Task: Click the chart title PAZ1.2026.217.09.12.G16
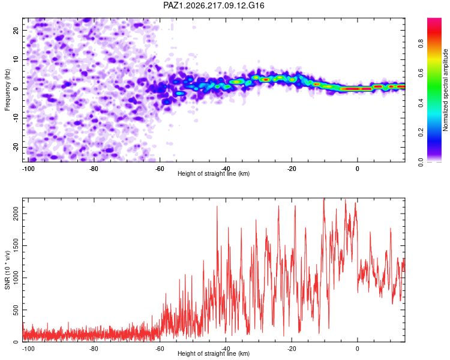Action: (214, 5)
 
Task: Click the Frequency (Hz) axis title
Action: (7, 90)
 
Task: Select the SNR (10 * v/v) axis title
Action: (7, 270)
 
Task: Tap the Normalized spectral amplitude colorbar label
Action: (445, 90)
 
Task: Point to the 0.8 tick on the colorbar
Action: (421, 44)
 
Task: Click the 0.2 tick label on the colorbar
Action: (421, 133)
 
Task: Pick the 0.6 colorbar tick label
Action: (421, 73)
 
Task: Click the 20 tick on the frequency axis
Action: (16, 30)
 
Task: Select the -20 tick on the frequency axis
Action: (16, 147)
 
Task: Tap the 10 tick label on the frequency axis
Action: (16, 59)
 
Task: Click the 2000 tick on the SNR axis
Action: (16, 214)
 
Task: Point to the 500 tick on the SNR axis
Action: (16, 310)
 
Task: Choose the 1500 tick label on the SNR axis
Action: (16, 246)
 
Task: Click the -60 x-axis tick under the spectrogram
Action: (160, 169)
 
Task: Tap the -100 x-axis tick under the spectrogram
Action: (28, 169)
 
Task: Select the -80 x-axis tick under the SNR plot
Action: (94, 349)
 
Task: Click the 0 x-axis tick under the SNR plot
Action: (358, 349)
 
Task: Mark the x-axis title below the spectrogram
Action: (214, 173)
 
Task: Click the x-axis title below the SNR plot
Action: (214, 353)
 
